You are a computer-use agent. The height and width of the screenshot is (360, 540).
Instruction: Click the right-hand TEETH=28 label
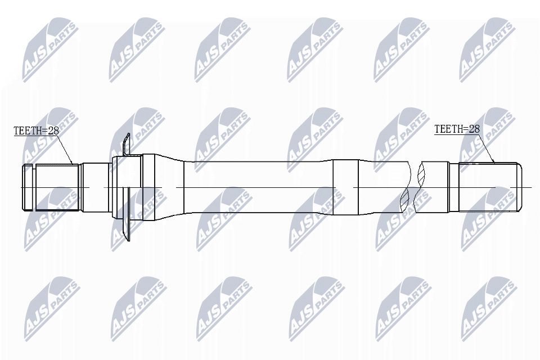(x=457, y=129)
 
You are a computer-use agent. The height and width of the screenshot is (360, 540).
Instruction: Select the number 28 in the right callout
(x=474, y=129)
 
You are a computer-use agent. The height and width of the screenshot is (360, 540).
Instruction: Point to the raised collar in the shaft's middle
(x=345, y=187)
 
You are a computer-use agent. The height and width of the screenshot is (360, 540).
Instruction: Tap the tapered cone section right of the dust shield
(x=172, y=187)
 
